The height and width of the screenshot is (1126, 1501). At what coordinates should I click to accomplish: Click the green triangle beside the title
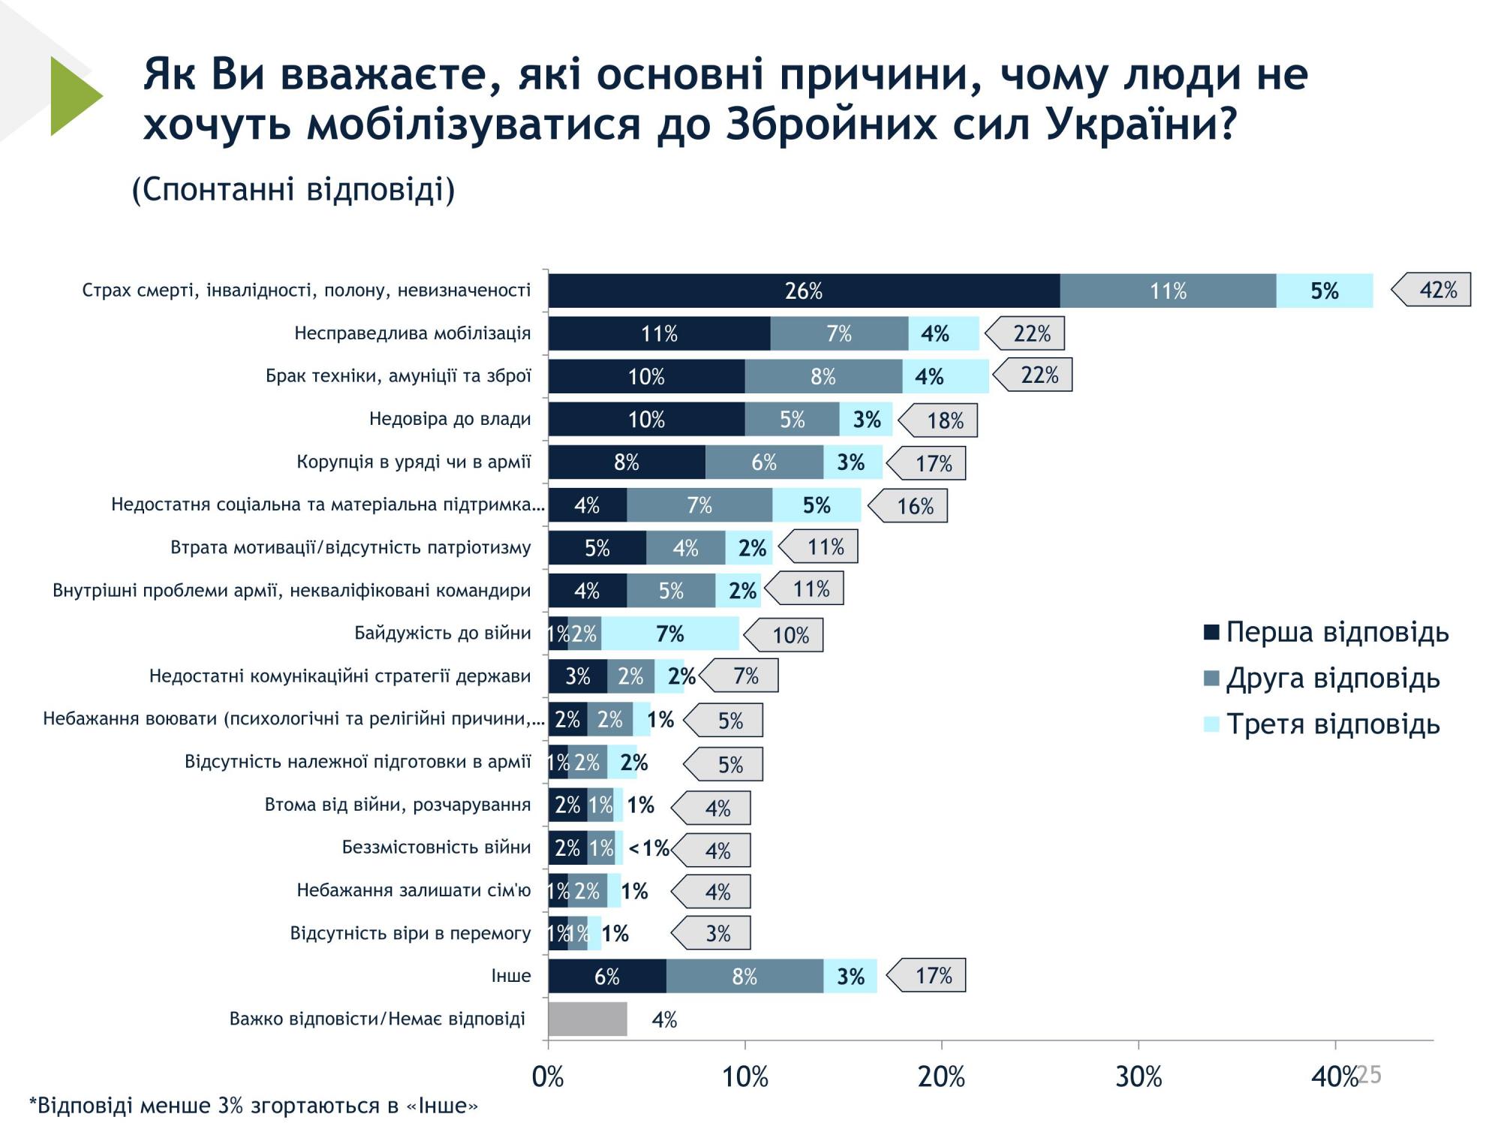click(74, 96)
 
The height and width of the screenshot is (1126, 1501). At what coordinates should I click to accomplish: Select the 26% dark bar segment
click(803, 291)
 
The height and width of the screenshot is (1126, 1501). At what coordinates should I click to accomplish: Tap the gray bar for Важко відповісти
click(587, 1019)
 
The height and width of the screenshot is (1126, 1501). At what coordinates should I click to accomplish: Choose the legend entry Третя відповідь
click(1322, 724)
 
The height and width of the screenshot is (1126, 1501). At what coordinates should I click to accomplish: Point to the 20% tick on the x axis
click(941, 1076)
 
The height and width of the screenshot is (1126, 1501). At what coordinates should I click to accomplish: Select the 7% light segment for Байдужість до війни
click(669, 634)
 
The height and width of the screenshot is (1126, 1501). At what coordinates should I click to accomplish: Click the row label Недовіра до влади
click(450, 419)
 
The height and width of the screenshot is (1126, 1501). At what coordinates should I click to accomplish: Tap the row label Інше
click(510, 976)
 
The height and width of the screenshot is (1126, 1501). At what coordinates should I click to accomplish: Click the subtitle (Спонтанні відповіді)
click(293, 189)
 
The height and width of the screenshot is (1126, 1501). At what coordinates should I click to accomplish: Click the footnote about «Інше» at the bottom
click(253, 1106)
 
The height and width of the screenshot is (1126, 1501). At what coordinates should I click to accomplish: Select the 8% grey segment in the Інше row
click(744, 976)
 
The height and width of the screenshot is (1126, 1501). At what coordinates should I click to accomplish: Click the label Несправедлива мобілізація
click(412, 333)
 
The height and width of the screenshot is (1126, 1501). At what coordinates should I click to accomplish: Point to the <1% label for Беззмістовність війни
click(648, 848)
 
